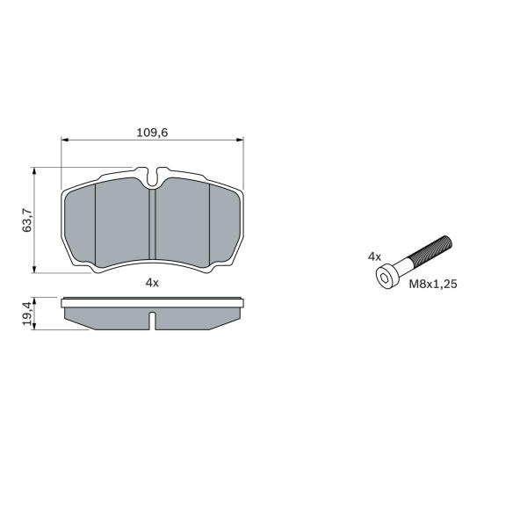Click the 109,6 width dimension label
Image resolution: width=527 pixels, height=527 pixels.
152,133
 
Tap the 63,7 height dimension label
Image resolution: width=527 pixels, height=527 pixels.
27,220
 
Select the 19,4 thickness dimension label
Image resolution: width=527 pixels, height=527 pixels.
27,314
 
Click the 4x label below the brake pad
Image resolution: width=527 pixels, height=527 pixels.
152,283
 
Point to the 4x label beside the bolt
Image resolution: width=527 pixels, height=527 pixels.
374,257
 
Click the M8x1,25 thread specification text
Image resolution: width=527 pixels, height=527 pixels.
433,285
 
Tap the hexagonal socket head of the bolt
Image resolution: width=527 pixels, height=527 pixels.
387,277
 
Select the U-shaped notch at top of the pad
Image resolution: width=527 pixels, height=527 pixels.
152,177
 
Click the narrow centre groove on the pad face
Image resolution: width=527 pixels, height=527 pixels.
153,224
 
